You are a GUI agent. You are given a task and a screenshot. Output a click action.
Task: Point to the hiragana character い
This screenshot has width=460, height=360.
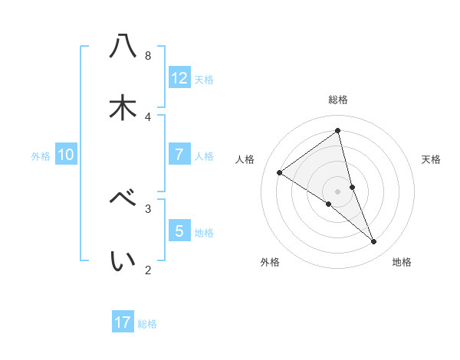tap(123, 261)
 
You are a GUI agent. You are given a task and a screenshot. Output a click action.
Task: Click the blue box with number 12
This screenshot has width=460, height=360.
tap(179, 78)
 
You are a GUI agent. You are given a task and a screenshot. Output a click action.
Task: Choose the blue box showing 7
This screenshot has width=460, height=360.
tap(179, 155)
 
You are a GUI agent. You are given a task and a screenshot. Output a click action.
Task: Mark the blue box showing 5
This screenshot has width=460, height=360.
tap(179, 231)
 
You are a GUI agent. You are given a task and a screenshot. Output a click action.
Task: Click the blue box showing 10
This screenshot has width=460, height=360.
tap(66, 155)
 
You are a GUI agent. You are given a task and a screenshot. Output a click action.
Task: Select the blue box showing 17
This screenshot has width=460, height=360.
tap(123, 322)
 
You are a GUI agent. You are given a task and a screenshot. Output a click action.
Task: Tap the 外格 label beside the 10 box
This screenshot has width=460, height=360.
tap(41, 156)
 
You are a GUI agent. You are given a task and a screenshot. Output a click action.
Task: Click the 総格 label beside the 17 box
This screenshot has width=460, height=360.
tap(147, 324)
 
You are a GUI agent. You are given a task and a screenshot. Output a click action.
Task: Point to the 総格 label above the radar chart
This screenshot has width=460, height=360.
tap(338, 100)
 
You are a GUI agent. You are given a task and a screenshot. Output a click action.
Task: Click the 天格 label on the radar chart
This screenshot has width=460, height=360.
tap(432, 159)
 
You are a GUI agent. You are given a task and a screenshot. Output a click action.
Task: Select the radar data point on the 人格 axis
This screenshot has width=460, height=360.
tap(280, 173)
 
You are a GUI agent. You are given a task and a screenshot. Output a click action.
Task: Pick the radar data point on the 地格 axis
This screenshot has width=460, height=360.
tap(374, 241)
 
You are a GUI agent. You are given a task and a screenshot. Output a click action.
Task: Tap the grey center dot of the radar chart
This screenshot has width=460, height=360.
tap(338, 191)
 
